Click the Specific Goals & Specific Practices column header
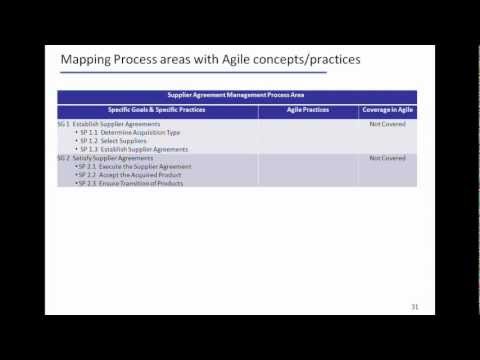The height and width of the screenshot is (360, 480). click(158, 108)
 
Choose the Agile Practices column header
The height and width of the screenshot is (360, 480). click(308, 108)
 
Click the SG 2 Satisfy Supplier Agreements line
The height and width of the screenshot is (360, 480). click(105, 158)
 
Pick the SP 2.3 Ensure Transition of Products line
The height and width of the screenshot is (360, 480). click(131, 184)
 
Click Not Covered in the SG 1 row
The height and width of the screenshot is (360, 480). click(387, 124)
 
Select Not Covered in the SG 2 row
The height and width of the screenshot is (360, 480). click(387, 158)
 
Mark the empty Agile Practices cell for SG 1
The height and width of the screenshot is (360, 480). click(308, 136)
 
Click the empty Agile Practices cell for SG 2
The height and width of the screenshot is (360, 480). click(308, 171)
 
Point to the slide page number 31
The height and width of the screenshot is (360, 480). click(414, 306)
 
